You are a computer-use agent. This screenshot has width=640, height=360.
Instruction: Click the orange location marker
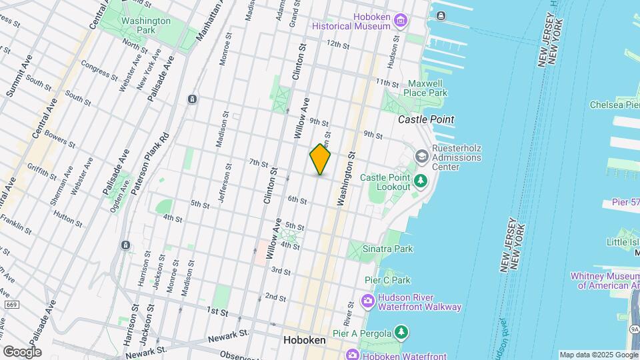coord(320,159)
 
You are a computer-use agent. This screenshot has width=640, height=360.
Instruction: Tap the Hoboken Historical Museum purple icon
coord(400,21)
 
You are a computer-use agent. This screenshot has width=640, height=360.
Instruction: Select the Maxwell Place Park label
coord(427,88)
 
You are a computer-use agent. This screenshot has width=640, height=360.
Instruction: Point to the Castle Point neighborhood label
coord(426,119)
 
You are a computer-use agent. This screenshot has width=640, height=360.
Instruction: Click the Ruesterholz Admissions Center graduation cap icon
coord(421,155)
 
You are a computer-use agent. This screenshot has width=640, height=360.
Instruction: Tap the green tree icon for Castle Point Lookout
coord(421,181)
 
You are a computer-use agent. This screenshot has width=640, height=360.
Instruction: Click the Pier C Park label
coord(387,280)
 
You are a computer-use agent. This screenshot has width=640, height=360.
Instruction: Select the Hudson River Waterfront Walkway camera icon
coord(367,301)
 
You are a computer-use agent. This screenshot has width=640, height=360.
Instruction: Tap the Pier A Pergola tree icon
coord(401,331)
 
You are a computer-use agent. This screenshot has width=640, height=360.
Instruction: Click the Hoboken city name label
coord(305,340)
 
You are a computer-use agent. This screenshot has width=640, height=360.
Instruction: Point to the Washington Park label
coord(146,25)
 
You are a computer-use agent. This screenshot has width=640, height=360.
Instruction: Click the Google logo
coord(21,352)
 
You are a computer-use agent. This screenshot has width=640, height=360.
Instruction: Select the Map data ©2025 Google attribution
coord(598,355)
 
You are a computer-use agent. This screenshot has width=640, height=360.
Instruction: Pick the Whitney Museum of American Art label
coord(605,281)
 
